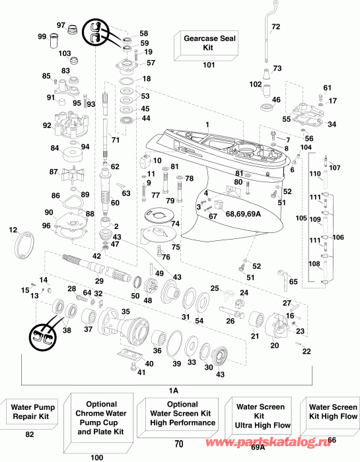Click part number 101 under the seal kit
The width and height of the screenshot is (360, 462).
coord(209,65)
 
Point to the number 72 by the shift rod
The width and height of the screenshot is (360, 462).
coord(275,26)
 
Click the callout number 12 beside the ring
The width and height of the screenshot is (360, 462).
coord(13,230)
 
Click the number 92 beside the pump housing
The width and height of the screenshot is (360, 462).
coord(47,125)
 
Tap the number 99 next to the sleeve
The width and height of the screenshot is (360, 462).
coord(42,36)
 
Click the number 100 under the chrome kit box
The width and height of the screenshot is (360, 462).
coord(97,457)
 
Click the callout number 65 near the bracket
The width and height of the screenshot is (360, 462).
coord(293,282)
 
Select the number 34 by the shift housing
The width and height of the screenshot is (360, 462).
coord(331,124)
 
